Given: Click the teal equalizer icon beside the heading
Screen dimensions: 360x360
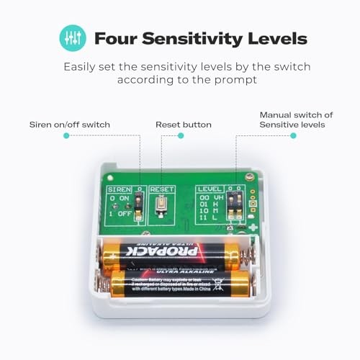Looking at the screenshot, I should point(72,38).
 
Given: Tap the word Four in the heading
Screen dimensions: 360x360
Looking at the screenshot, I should point(114,38).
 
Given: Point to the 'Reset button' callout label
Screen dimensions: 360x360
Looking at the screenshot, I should point(184,125).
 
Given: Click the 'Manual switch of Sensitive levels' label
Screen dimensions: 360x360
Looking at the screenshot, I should point(296,120).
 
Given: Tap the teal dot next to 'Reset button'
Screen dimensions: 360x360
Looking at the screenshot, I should point(161,135).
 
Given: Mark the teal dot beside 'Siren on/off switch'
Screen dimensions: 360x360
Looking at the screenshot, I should point(66,135).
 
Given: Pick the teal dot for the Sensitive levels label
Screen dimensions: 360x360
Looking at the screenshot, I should point(293,135).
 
